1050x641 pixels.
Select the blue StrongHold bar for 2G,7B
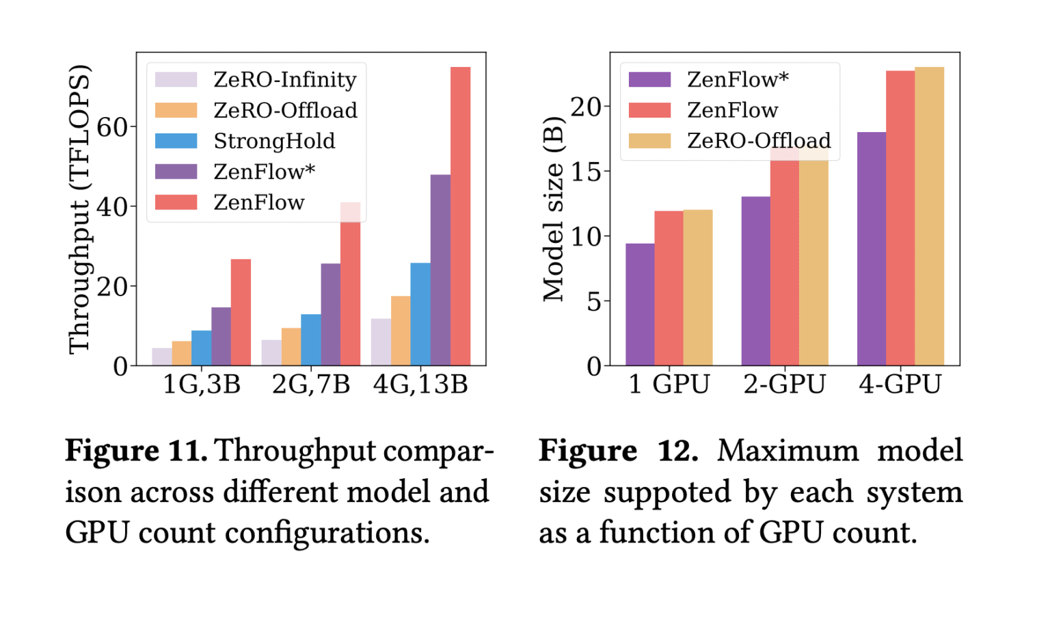pos(310,340)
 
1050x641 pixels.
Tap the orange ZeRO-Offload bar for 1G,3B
pos(182,353)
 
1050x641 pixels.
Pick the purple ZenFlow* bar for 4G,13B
pos(440,270)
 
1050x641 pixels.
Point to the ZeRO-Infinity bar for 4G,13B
pos(381,342)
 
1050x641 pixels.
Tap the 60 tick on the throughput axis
pos(112,127)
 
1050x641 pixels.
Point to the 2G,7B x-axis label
pos(311,384)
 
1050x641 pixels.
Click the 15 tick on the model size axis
pos(587,172)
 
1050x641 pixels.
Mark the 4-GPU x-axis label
pos(900,384)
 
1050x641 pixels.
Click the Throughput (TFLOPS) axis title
pos(79,209)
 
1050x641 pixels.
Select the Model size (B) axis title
pos(553,209)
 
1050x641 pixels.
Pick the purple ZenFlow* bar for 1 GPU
pos(640,304)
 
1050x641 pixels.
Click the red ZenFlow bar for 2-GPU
pos(784,260)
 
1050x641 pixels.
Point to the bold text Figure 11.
pos(136,451)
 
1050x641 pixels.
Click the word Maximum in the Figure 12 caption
pos(787,451)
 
